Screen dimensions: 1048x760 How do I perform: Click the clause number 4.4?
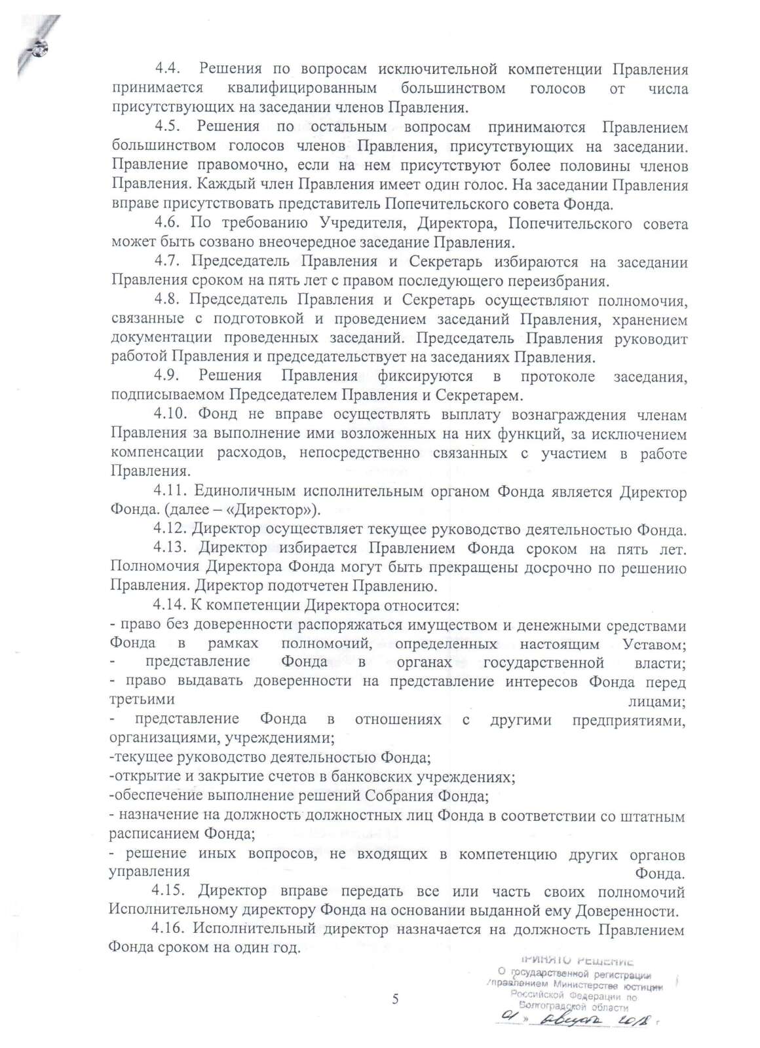tap(168, 69)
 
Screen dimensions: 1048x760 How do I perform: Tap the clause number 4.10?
tap(172, 415)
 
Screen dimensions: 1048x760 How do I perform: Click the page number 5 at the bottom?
tap(394, 999)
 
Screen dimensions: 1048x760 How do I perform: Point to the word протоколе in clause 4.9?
tap(558, 376)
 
